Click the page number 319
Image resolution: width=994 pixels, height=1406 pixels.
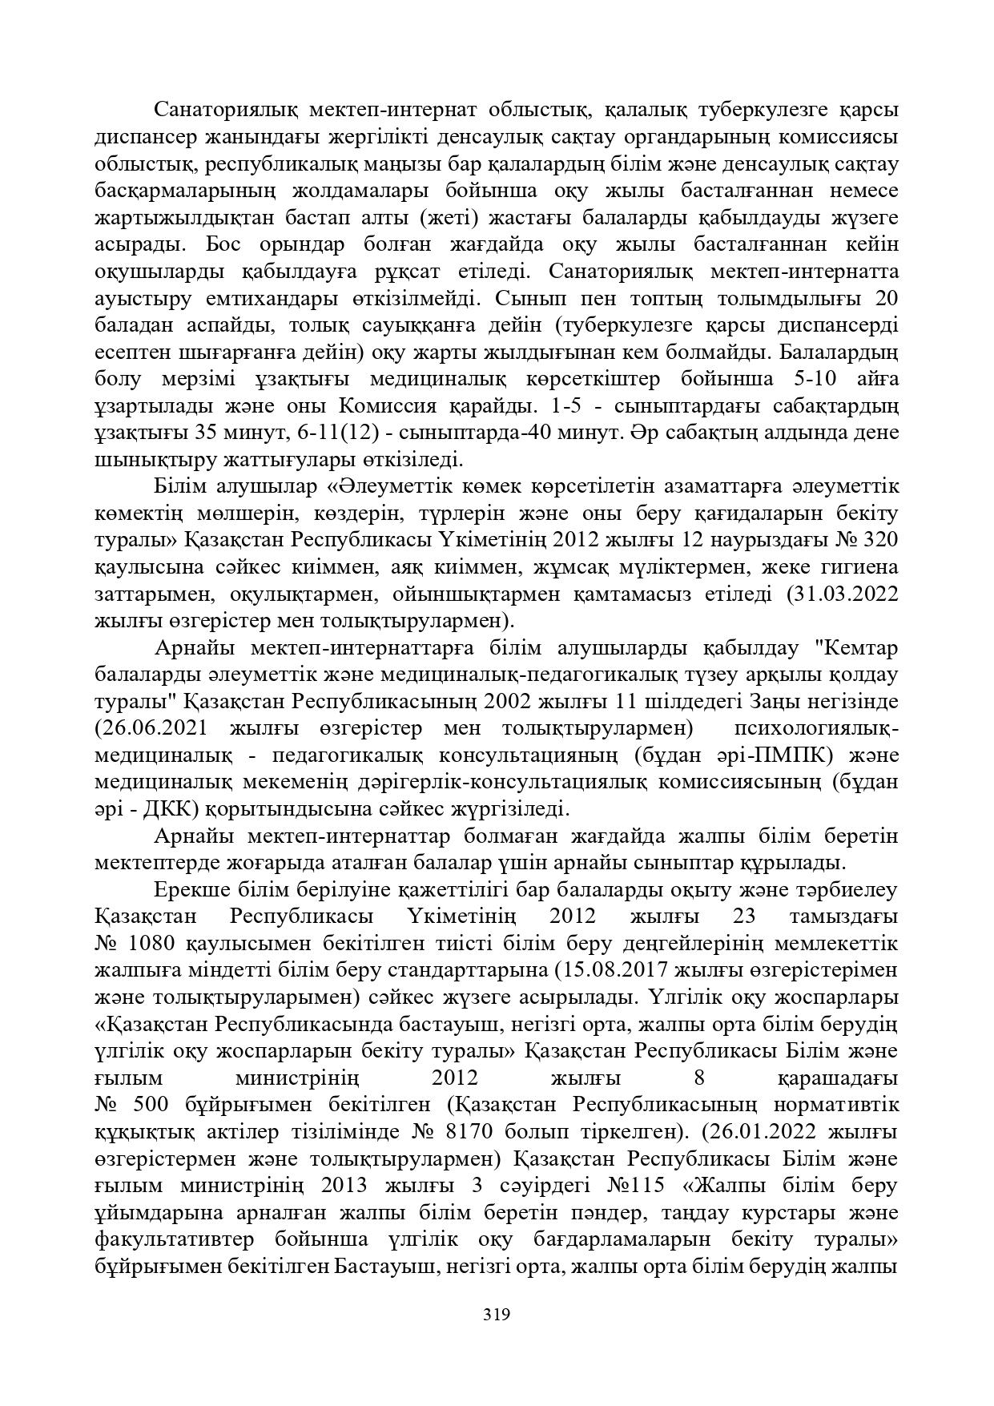click(x=497, y=1314)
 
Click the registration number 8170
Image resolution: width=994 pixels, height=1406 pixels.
click(x=489, y=1132)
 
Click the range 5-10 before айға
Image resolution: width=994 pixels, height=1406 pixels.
click(x=811, y=379)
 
